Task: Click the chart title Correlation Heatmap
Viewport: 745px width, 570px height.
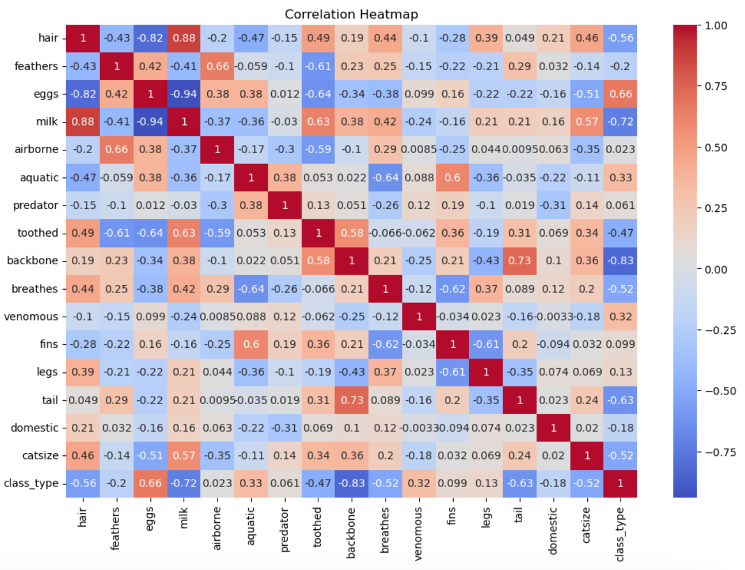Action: [351, 14]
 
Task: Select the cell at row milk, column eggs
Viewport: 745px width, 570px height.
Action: [150, 121]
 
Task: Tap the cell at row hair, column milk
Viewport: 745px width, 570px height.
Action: [184, 38]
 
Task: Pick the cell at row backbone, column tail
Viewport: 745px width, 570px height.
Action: [519, 261]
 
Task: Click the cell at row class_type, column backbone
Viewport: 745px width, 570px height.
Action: [352, 483]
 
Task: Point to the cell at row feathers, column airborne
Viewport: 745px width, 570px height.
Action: [218, 66]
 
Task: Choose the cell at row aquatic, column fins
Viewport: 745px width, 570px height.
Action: [453, 177]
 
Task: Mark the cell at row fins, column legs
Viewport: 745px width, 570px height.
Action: [486, 344]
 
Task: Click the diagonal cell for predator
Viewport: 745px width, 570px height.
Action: [284, 206]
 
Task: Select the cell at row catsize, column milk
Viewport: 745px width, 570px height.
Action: [184, 455]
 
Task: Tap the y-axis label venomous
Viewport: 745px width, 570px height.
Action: [31, 317]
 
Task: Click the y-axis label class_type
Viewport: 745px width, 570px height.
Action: [31, 483]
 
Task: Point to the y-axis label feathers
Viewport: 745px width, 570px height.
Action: [36, 66]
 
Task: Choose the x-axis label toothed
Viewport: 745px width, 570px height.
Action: [317, 527]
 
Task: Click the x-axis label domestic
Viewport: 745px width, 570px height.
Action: [553, 530]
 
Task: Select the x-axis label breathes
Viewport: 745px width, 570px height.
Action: [385, 530]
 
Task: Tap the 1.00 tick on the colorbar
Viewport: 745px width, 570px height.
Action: [716, 26]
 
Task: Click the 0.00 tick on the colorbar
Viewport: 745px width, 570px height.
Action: [716, 269]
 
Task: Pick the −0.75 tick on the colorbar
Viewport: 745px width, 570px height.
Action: [720, 453]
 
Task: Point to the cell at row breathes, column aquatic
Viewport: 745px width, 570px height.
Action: [251, 288]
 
